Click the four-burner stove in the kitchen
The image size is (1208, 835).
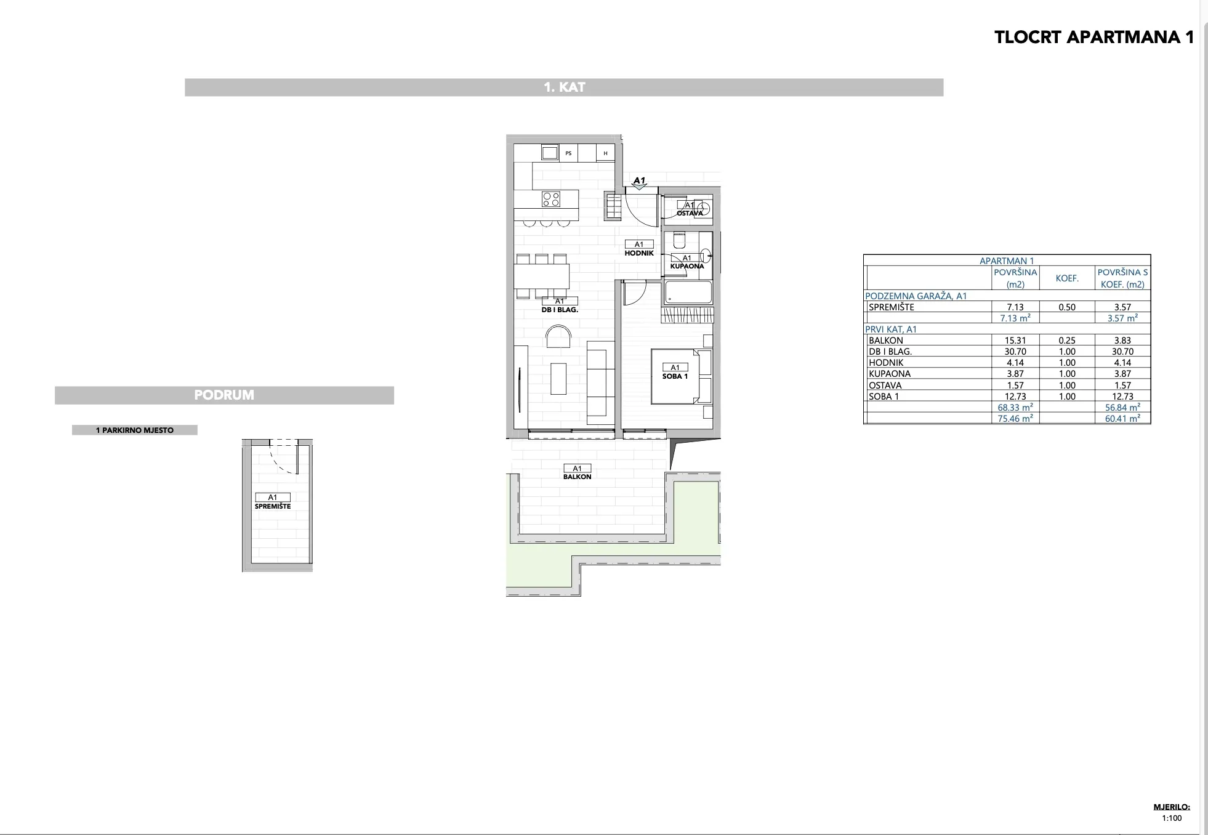551,199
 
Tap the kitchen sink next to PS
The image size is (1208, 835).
550,153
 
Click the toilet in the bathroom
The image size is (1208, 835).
679,239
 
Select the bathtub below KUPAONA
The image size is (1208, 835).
688,292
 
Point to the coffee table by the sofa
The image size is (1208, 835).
558,379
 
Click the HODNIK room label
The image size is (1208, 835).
639,253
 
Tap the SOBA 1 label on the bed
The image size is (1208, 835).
675,376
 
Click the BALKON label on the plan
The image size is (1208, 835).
577,477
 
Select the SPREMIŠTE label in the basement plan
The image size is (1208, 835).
273,506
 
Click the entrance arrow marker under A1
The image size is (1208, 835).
640,187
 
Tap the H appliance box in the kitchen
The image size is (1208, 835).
606,153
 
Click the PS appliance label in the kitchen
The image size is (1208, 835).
568,153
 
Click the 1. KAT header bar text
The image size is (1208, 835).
564,87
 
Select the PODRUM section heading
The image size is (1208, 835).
224,395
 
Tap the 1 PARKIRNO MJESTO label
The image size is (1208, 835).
135,430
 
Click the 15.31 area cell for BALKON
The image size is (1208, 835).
1015,341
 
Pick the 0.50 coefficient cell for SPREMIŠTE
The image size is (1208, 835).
1067,307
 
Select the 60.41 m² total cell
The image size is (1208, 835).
1122,419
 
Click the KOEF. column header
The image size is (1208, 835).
1067,278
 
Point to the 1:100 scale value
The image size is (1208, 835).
1172,818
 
